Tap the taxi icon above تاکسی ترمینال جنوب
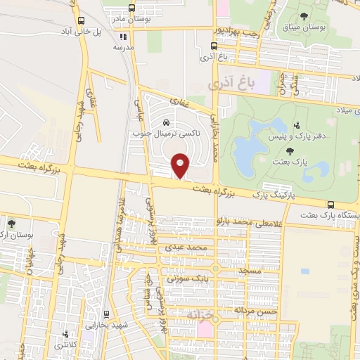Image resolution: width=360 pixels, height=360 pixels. (166, 122)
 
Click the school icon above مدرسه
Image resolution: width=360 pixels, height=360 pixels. (124, 37)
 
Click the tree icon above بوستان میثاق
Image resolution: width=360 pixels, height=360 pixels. (304, 15)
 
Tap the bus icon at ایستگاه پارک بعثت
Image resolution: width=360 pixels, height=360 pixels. (330, 205)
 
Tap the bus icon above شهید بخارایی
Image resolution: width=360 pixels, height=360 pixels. (105, 314)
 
